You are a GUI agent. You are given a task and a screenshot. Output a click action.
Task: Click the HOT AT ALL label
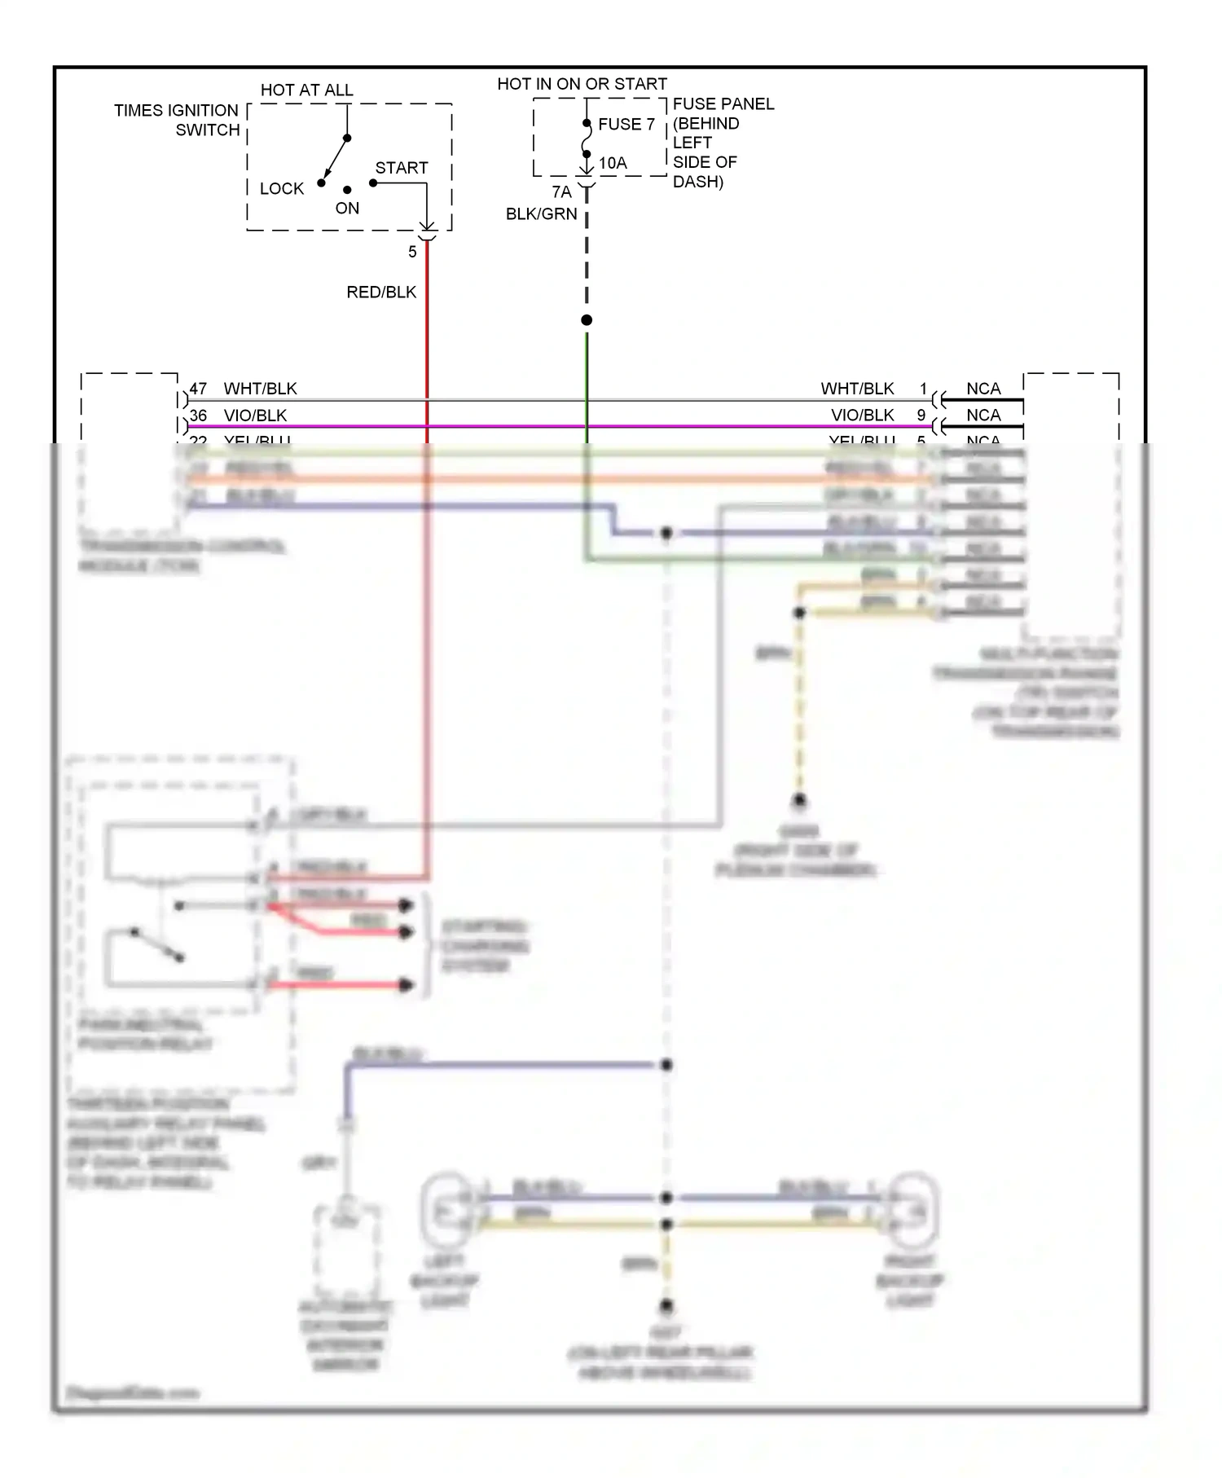pyautogui.click(x=306, y=90)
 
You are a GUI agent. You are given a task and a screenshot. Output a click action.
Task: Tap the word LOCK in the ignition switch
pyautogui.click(x=281, y=189)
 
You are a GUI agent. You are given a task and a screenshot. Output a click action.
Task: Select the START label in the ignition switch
pyautogui.click(x=401, y=168)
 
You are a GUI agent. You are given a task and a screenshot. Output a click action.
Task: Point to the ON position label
pyautogui.click(x=347, y=209)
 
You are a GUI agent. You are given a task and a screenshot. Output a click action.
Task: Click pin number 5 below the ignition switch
pyautogui.click(x=412, y=253)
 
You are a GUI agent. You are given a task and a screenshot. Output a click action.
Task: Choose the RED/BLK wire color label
pyautogui.click(x=381, y=293)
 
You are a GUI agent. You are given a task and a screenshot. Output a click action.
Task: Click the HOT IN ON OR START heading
pyautogui.click(x=582, y=84)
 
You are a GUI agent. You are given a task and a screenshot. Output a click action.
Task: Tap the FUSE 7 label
pyautogui.click(x=626, y=125)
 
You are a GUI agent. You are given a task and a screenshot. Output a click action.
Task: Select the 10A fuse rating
pyautogui.click(x=613, y=164)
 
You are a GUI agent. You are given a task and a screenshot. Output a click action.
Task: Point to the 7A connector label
pyautogui.click(x=561, y=192)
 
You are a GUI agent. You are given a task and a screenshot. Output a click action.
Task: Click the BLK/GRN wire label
pyautogui.click(x=541, y=214)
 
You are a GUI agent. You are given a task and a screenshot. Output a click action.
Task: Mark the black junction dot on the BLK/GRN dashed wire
pyautogui.click(x=587, y=320)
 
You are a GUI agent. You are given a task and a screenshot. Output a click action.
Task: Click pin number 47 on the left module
pyautogui.click(x=198, y=389)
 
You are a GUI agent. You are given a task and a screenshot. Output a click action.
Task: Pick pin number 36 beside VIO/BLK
pyautogui.click(x=198, y=416)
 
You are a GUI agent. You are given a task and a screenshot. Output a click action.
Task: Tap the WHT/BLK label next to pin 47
pyautogui.click(x=260, y=389)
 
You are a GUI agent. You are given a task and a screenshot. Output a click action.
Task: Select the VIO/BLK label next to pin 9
pyautogui.click(x=862, y=416)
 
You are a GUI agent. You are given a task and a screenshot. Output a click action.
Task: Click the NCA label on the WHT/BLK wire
pyautogui.click(x=983, y=389)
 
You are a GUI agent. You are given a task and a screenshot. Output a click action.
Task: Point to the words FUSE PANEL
pyautogui.click(x=723, y=104)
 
